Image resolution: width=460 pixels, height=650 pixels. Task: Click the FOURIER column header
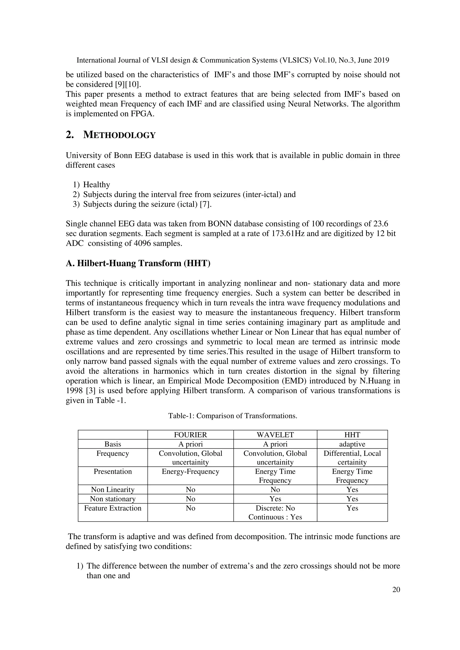[190, 435]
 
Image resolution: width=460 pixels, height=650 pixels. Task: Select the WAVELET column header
[275, 435]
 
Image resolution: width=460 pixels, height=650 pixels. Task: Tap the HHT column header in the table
[352, 435]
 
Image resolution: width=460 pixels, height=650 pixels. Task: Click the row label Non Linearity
[113, 489]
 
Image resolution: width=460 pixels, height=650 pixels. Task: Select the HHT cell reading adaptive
[352, 444]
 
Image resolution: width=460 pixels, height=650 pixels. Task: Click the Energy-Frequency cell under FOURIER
[190, 471]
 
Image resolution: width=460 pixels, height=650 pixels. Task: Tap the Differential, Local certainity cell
[352, 458]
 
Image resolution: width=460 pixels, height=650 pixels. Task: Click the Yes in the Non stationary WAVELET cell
[275, 499]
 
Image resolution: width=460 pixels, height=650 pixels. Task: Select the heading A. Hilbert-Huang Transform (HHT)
[138, 263]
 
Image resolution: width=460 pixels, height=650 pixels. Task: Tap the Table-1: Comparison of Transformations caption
[232, 416]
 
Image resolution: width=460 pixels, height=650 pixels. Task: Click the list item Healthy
[96, 185]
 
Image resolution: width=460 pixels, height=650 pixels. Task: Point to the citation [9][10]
[126, 84]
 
